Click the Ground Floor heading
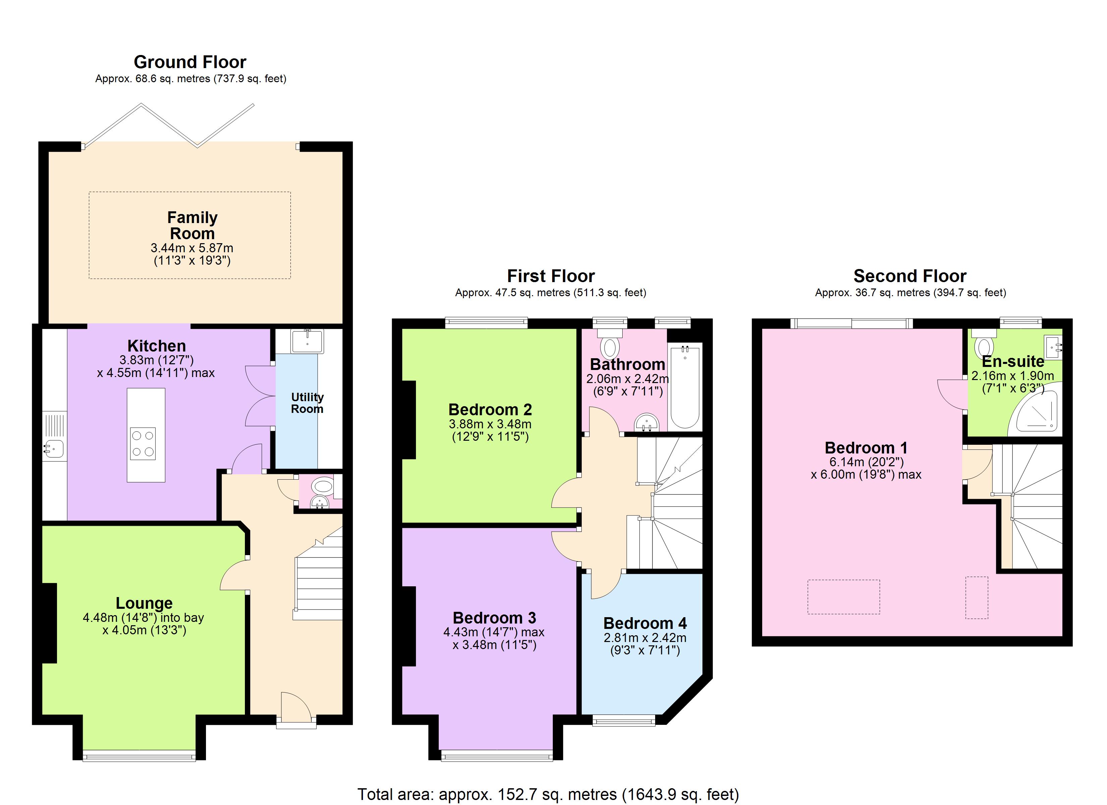point(190,62)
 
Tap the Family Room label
point(192,225)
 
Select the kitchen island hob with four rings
point(143,444)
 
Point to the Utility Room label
point(307,403)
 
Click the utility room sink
point(307,341)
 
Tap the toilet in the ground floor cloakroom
point(322,486)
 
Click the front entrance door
point(296,708)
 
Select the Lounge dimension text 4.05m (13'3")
point(145,630)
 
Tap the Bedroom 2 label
point(490,409)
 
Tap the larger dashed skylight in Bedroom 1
point(843,597)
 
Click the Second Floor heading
point(910,276)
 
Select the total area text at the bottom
point(548,794)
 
